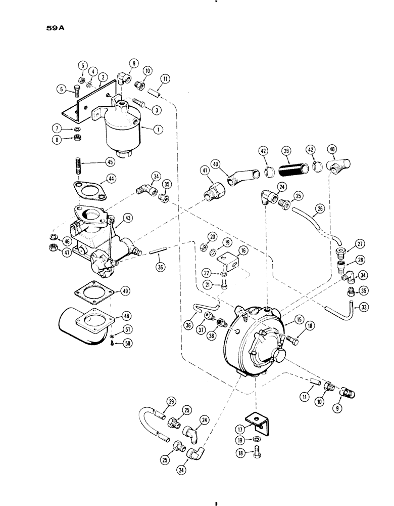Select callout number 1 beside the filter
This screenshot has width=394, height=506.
pyautogui.click(x=159, y=129)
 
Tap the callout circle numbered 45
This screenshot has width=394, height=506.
pyautogui.click(x=107, y=162)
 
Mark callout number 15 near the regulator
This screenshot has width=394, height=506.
pyautogui.click(x=286, y=321)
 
